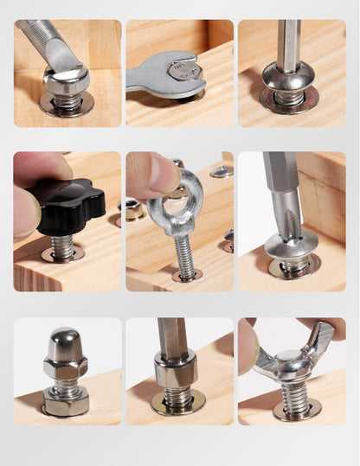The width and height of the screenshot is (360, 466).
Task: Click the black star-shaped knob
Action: coord(66,204)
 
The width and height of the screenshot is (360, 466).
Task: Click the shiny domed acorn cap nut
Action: coord(66,347)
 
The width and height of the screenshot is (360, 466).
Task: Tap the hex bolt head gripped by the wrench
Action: coord(183,70)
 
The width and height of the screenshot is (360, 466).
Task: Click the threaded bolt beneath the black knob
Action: coord(62,246)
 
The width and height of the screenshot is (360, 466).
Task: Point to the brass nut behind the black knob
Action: coord(132,209)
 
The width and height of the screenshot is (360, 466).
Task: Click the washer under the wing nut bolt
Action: coord(297,408)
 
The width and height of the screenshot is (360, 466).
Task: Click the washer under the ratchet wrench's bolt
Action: coord(67,106)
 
